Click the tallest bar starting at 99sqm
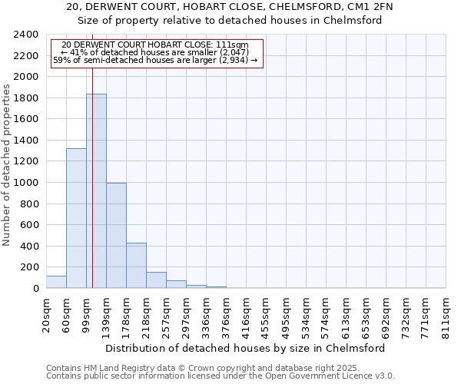coord(96,192)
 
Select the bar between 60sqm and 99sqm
coord(76,219)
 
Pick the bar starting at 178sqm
coord(136,266)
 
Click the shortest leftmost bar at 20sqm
coord(56,282)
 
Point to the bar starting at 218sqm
coord(156,280)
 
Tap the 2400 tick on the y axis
coord(26,35)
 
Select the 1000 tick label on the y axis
coord(26,183)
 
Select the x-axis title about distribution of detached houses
coord(246,348)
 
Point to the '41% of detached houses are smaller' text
coord(156,52)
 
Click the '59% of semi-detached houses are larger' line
coord(156,60)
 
